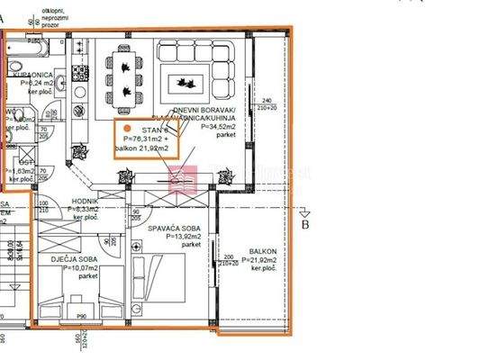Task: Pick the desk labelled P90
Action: click(80, 315)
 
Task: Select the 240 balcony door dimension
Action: click(266, 100)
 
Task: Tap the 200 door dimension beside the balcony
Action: click(229, 256)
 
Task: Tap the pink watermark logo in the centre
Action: click(186, 175)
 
